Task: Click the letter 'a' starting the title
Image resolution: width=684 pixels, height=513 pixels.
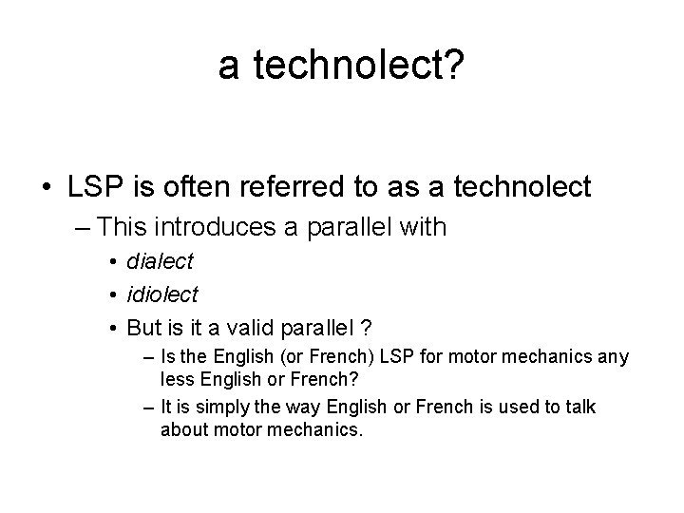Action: pos(229,66)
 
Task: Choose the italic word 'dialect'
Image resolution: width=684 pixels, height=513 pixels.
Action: pos(160,261)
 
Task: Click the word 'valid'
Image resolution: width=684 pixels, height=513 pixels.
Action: pos(246,328)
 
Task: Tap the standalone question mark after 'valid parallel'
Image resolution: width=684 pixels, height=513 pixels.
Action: pos(368,328)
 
